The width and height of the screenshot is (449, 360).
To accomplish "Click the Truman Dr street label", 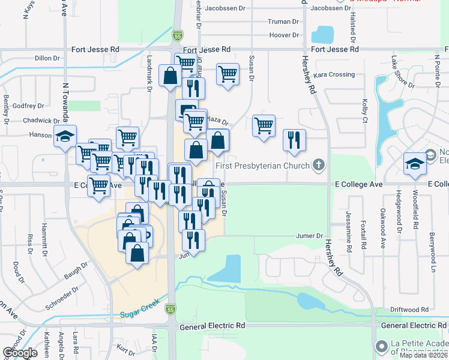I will (x=284, y=22).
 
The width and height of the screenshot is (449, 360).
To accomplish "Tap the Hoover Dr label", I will (x=285, y=35).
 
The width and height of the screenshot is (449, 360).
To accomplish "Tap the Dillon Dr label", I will (x=47, y=58).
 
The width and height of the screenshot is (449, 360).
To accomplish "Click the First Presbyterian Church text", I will (x=262, y=165).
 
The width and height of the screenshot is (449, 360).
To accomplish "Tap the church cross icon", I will (x=319, y=165).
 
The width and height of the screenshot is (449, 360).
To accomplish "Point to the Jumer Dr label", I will (x=310, y=236).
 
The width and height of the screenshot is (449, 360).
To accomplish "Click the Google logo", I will (x=20, y=353).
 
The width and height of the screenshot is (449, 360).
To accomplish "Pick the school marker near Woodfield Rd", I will (x=415, y=163).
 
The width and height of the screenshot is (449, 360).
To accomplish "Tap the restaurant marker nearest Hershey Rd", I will (x=294, y=140).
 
